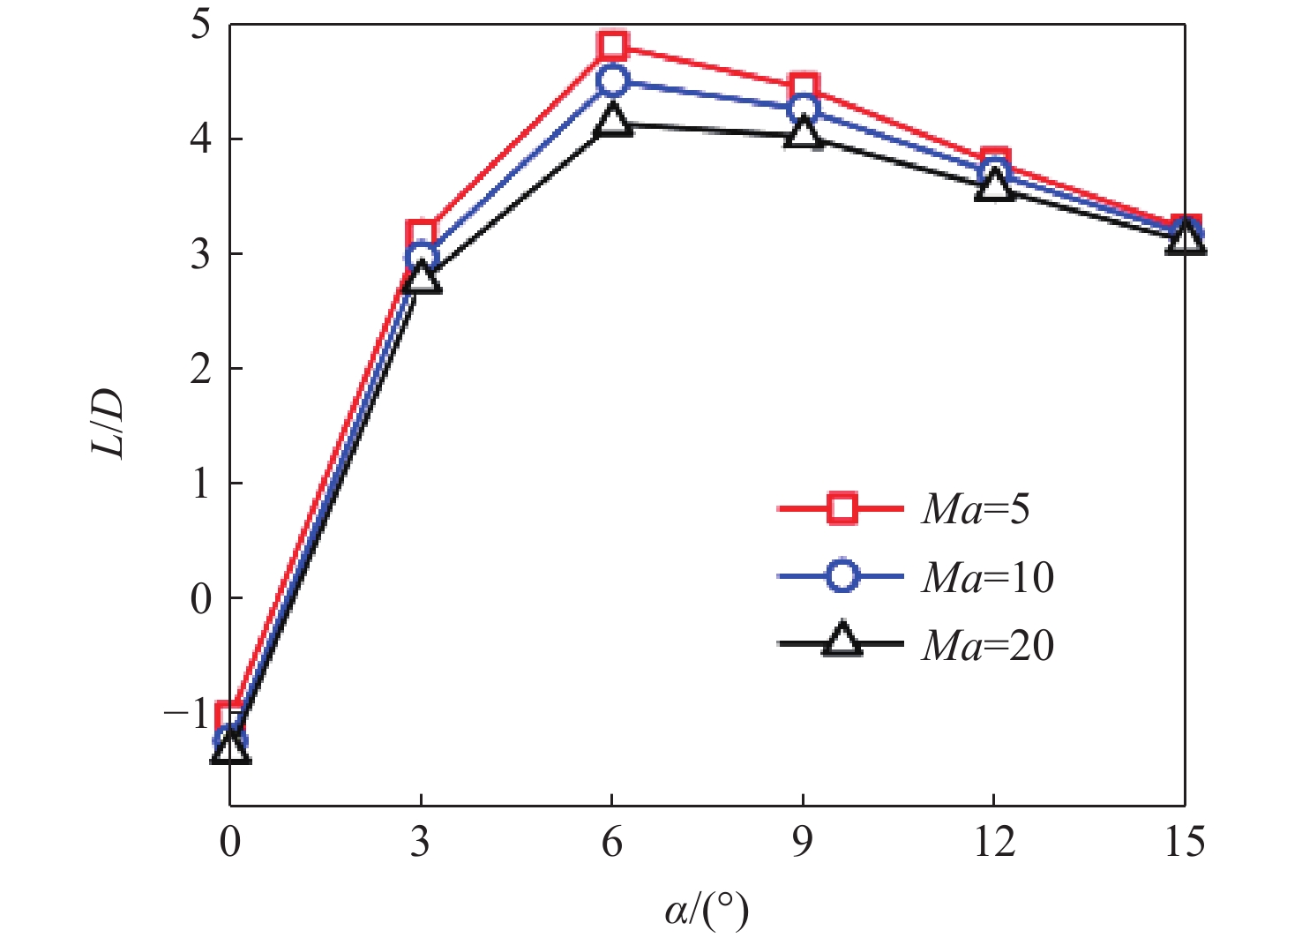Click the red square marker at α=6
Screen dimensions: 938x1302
coord(612,46)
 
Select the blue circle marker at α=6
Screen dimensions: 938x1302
coord(612,81)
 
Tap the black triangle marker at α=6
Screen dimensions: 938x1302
coord(612,120)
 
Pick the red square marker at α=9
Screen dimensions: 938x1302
coord(804,88)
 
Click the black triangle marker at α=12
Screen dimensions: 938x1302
coord(994,185)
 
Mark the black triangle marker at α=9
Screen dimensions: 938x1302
coord(804,133)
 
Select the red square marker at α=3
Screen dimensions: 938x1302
coord(422,236)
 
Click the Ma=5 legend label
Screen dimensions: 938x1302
coord(976,509)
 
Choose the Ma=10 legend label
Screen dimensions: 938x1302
coord(988,577)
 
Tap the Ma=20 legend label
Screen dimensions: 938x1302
coord(988,646)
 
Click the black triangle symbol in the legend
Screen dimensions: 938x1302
coord(842,642)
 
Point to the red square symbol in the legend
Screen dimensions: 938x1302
coord(842,509)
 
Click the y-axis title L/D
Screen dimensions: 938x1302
coord(108,423)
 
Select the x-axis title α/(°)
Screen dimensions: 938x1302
coord(707,910)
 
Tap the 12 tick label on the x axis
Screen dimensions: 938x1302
coord(994,843)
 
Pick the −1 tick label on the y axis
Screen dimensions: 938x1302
coord(189,711)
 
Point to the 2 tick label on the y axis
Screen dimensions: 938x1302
coord(202,368)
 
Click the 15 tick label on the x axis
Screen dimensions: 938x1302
coord(1184,843)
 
